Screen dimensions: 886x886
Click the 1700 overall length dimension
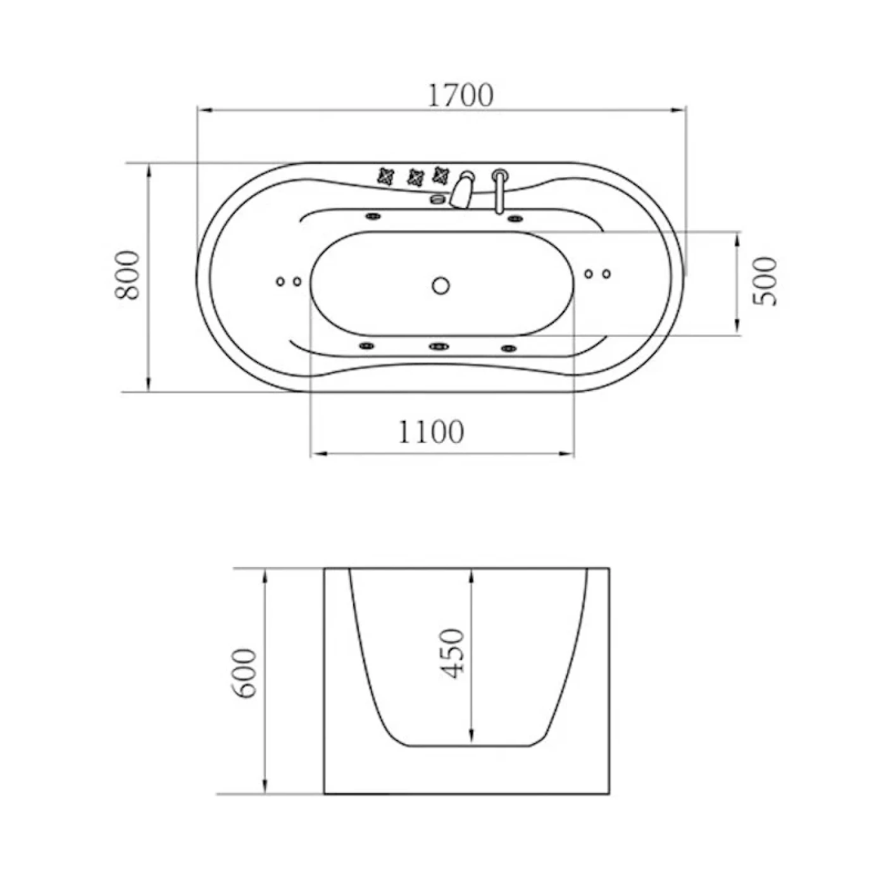click(460, 95)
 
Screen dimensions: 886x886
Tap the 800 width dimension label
click(127, 275)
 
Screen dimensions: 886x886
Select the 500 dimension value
click(764, 281)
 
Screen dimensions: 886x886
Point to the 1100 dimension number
click(431, 432)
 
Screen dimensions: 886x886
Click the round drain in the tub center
click(441, 285)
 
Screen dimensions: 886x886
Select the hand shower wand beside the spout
click(499, 190)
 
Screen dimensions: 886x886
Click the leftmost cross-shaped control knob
click(386, 176)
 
